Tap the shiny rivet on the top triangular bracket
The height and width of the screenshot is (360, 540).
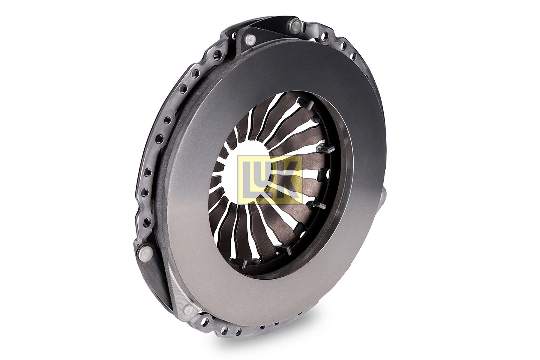249,38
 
